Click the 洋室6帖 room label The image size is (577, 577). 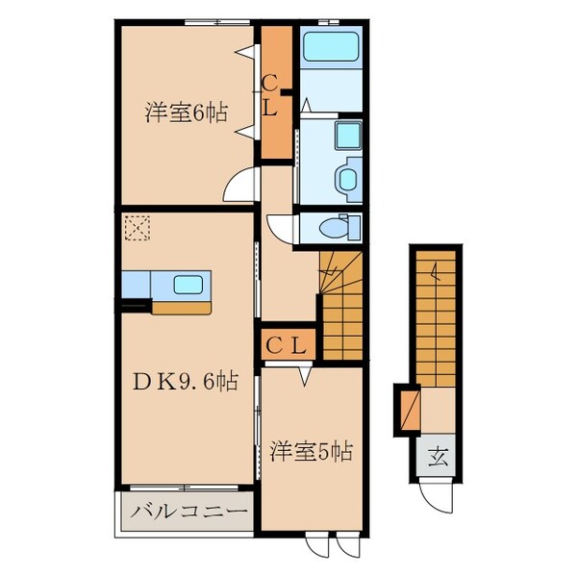(187, 113)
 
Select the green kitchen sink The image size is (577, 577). (188, 286)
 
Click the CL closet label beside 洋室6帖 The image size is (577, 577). (271, 97)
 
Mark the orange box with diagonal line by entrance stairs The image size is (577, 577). (409, 406)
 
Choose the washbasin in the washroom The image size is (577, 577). (349, 177)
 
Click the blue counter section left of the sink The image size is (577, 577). (137, 286)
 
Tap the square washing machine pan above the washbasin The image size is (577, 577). (347, 136)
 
